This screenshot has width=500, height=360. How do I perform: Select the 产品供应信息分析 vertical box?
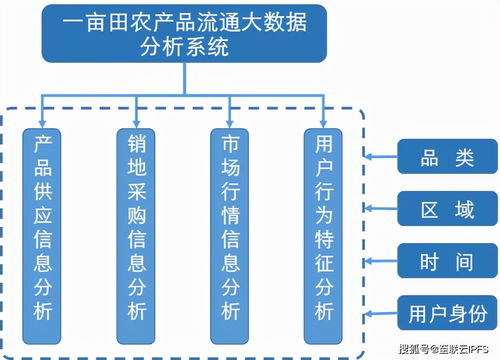point(44,229)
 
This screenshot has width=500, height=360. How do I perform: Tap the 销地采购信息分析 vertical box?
point(138,229)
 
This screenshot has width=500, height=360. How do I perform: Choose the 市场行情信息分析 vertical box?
point(231,229)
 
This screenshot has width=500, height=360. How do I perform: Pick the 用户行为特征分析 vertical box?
point(323,229)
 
